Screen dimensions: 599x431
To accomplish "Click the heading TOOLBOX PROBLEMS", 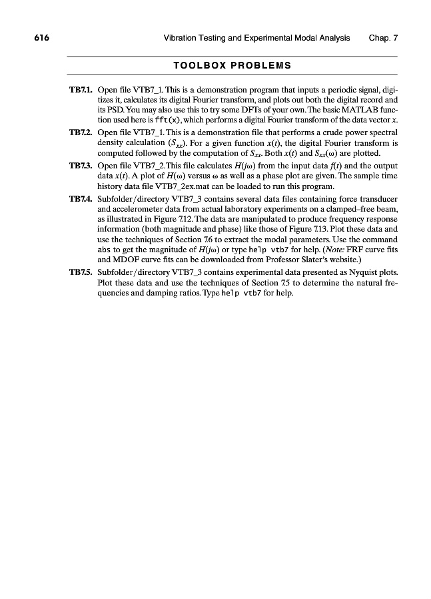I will pyautogui.click(x=232, y=66).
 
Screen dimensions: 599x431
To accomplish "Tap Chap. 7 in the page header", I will pyautogui.click(x=383, y=38).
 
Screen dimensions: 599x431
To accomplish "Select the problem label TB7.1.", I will pyautogui.click(x=81, y=89).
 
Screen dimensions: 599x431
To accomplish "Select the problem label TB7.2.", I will pyautogui.click(x=81, y=132).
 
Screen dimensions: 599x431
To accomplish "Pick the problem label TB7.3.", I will pyautogui.click(x=81, y=166).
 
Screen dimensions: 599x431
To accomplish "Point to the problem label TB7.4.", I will pyautogui.click(x=81, y=199).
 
